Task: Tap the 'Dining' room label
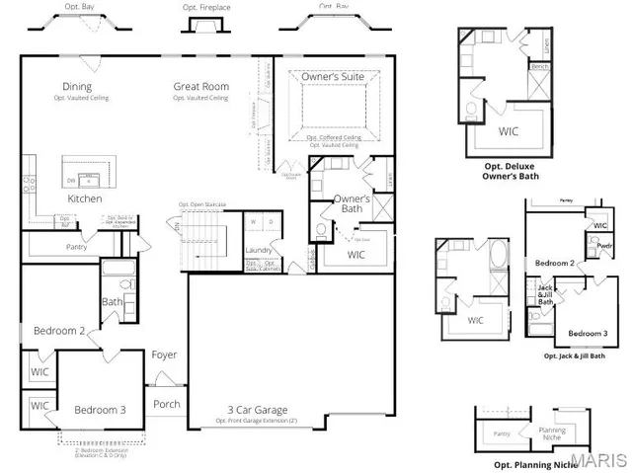79,86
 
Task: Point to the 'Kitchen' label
85,198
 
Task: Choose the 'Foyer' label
164,355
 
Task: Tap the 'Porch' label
167,404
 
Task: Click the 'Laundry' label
259,250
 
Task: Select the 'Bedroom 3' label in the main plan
100,410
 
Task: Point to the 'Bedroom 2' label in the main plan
59,331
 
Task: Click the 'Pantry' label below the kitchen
76,246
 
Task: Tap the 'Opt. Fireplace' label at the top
206,8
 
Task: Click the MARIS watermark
597,459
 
